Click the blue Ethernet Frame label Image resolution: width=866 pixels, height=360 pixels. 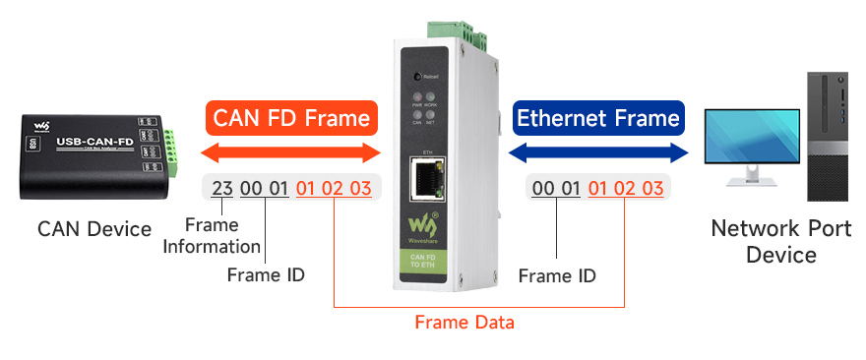pos(598,119)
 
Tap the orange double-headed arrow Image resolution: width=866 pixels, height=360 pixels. pos(291,152)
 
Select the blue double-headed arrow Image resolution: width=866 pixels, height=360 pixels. pos(598,152)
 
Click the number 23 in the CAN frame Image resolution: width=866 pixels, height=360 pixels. pos(222,189)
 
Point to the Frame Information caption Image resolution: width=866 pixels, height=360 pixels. pos(212,237)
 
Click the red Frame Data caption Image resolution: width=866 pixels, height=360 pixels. pos(464,322)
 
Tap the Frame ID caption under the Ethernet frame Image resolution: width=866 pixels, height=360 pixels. pos(557,276)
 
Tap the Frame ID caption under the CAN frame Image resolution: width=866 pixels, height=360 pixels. pos(266,275)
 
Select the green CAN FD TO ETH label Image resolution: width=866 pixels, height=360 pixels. pos(426,264)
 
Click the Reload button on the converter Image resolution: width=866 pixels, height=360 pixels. pos(418,76)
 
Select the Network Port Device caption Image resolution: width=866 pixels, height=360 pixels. pos(768,243)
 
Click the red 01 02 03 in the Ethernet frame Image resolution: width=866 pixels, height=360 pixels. pos(625,189)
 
